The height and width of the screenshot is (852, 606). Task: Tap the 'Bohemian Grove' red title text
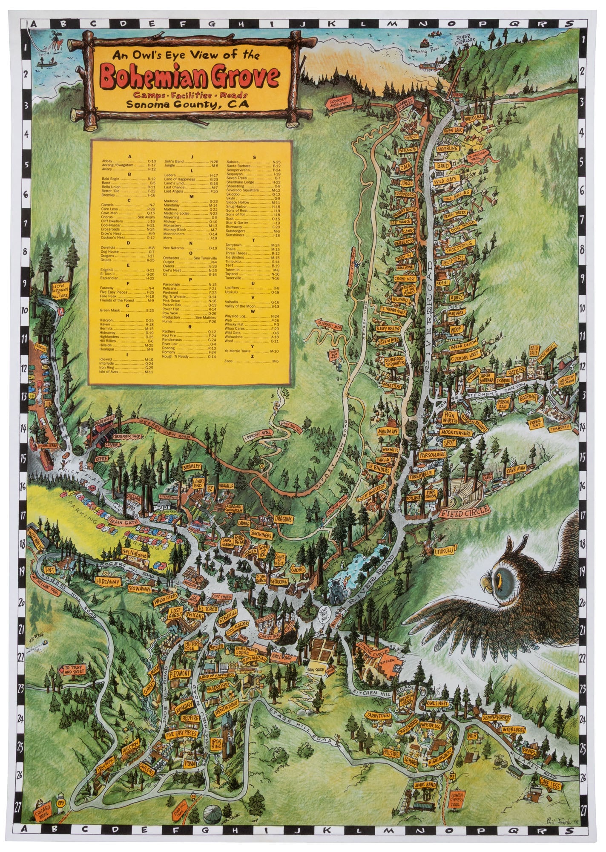190,76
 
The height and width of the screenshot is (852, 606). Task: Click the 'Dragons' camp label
283,520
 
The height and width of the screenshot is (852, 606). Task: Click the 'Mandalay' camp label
388,431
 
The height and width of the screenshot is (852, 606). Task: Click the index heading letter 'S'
254,157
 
